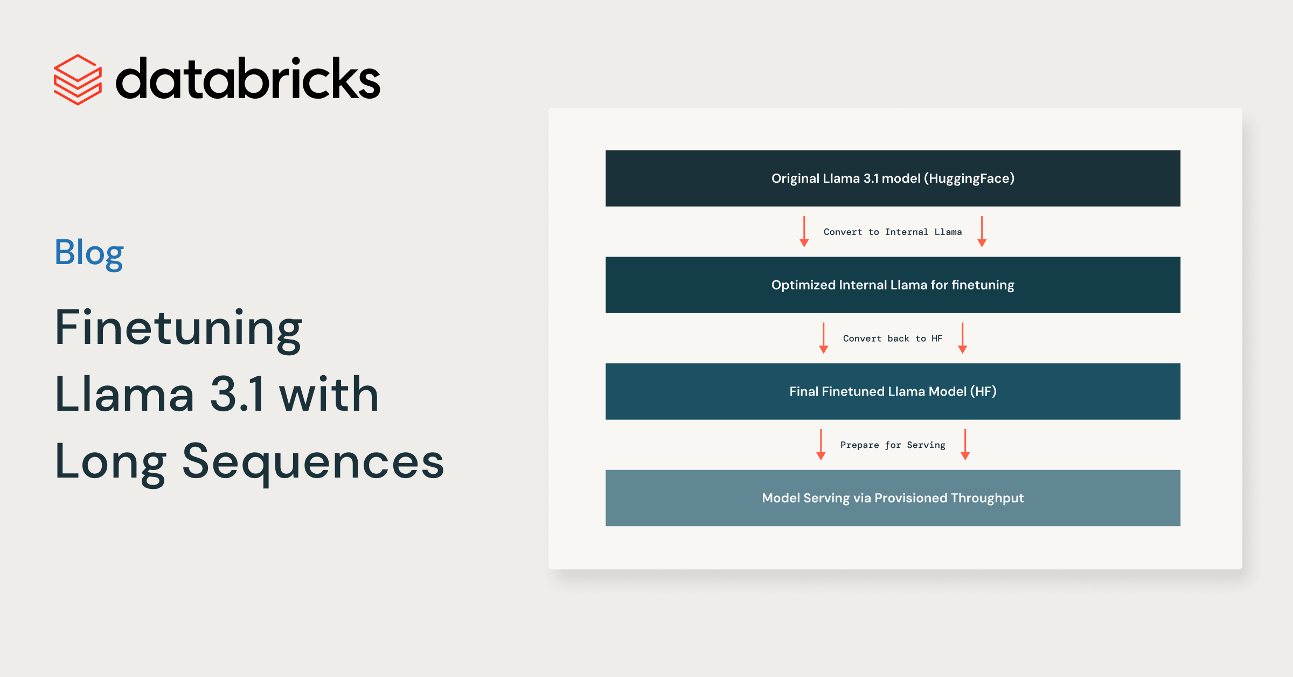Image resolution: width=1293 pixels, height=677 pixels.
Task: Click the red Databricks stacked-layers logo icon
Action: pyautogui.click(x=78, y=80)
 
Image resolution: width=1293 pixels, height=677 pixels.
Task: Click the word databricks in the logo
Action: pyautogui.click(x=248, y=79)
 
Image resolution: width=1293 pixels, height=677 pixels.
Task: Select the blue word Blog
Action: pyautogui.click(x=89, y=253)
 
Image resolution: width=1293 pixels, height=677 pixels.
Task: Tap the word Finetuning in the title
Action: pyautogui.click(x=179, y=329)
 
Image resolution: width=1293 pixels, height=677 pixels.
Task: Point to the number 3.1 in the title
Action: pyautogui.click(x=238, y=394)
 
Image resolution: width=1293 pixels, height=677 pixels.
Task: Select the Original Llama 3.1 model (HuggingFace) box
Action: pyautogui.click(x=893, y=178)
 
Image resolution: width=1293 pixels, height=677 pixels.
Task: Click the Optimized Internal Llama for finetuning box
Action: pyautogui.click(x=893, y=285)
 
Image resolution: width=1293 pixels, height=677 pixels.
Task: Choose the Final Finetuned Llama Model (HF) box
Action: pyautogui.click(x=893, y=391)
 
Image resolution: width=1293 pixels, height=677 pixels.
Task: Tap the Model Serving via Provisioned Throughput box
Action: pyautogui.click(x=893, y=498)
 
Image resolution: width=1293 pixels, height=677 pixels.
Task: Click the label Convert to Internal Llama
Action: pyautogui.click(x=893, y=232)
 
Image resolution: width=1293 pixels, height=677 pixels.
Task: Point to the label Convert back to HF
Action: pyautogui.click(x=893, y=338)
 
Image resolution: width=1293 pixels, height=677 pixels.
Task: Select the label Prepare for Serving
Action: pyautogui.click(x=893, y=445)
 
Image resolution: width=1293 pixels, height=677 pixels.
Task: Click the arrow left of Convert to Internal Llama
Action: pyautogui.click(x=804, y=232)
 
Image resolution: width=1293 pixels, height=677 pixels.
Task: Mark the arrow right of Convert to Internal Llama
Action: pyautogui.click(x=982, y=232)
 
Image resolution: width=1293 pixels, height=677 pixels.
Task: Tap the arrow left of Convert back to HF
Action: pyautogui.click(x=824, y=338)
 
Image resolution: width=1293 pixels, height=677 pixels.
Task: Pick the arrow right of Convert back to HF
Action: pyautogui.click(x=963, y=338)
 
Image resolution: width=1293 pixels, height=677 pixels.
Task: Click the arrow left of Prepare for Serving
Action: pyautogui.click(x=821, y=445)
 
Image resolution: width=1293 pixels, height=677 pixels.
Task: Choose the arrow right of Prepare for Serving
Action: pyautogui.click(x=965, y=445)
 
